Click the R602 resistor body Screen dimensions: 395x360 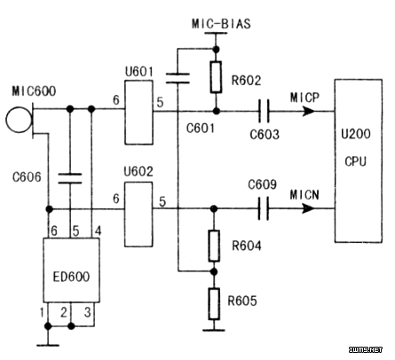pos(217,77)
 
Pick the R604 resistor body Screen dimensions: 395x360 pos(214,246)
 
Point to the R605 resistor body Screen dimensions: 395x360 pos(214,304)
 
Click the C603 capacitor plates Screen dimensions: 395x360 pos(264,112)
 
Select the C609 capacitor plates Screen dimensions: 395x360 pos(264,208)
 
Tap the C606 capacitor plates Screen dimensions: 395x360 pos(70,178)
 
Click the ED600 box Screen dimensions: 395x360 pos(71,270)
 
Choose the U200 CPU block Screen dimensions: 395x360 pos(359,160)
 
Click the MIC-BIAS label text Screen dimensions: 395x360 pos(221,24)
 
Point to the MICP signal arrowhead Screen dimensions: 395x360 pos(309,112)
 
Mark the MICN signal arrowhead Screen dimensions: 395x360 pos(308,208)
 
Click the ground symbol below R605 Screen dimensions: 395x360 pos(214,330)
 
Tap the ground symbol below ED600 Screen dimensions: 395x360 pos(48,345)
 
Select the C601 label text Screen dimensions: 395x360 pos(201,129)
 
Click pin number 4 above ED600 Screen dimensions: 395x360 pos(98,231)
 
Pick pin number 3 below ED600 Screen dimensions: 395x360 pos(88,312)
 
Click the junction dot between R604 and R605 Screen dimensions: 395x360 pos(215,271)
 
